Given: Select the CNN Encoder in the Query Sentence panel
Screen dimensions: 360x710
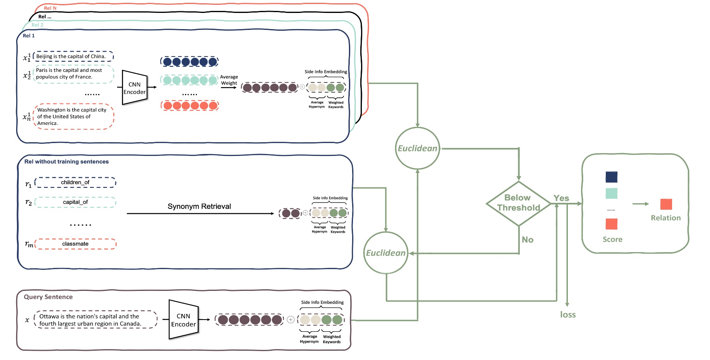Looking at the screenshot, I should [183, 320].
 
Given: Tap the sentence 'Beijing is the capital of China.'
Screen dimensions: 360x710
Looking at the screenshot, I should [73, 57].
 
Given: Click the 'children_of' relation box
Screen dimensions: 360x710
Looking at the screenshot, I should [75, 183].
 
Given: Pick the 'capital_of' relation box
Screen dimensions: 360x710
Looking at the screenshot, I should [75, 202].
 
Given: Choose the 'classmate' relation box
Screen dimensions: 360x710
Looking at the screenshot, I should [75, 244].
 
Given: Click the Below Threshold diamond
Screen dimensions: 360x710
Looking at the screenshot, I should [519, 203].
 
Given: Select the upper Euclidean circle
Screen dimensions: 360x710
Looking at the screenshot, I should [417, 148].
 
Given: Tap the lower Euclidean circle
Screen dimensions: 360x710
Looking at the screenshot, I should [386, 253].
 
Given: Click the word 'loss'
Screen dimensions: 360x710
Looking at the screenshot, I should [567, 315].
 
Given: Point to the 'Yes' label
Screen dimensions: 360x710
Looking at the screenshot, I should [561, 198].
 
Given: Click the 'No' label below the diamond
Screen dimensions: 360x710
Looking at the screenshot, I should [527, 240].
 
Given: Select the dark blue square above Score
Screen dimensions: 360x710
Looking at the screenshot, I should [611, 177].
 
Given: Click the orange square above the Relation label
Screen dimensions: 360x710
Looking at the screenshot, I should [666, 204].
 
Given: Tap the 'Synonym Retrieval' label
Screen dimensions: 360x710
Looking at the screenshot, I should [199, 206].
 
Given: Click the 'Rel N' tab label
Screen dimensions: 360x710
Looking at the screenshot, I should [50, 8].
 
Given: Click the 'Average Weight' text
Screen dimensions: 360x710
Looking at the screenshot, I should [229, 80].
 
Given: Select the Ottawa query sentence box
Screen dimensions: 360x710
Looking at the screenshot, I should [96, 320].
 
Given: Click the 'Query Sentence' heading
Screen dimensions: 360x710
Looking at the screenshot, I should [48, 297].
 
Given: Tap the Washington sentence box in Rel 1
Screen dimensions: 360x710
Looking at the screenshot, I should [74, 117].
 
